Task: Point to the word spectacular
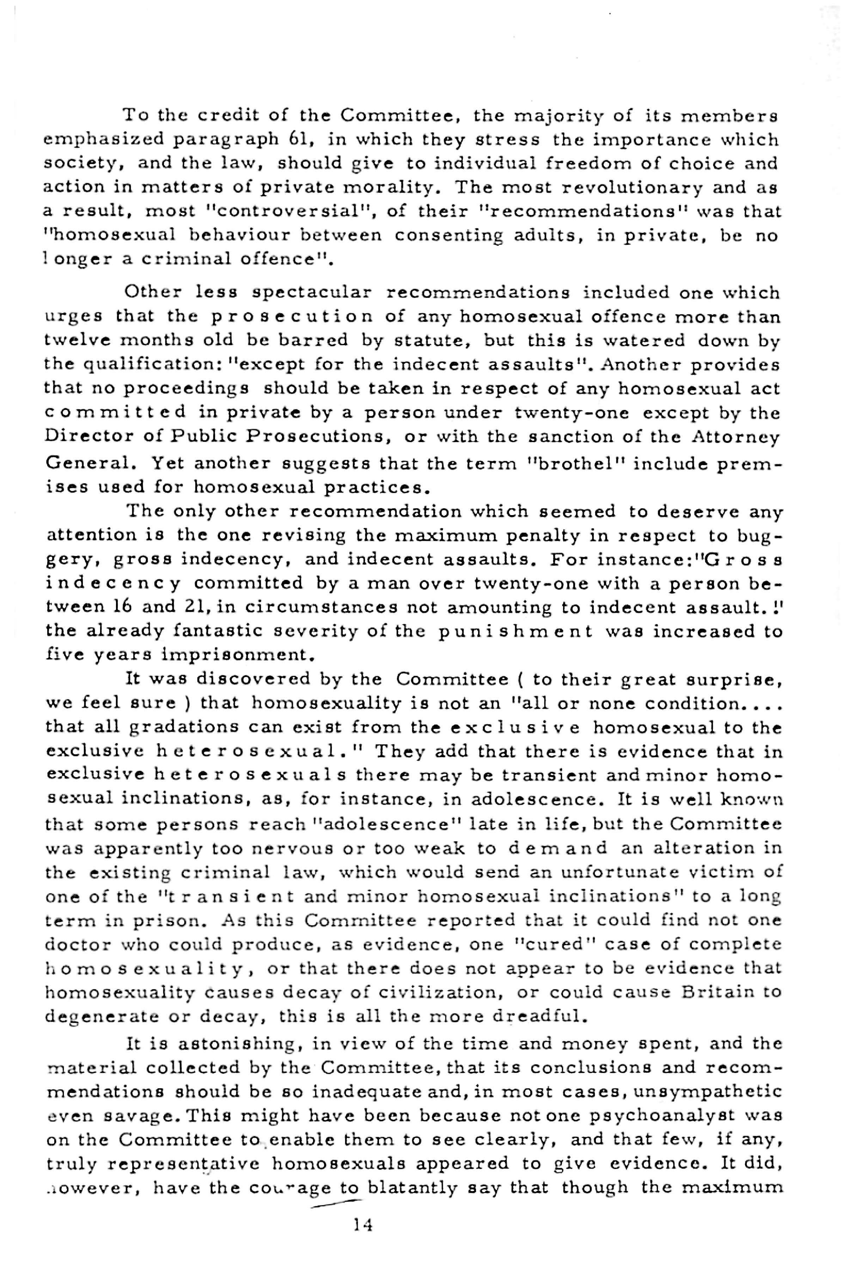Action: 312,293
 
